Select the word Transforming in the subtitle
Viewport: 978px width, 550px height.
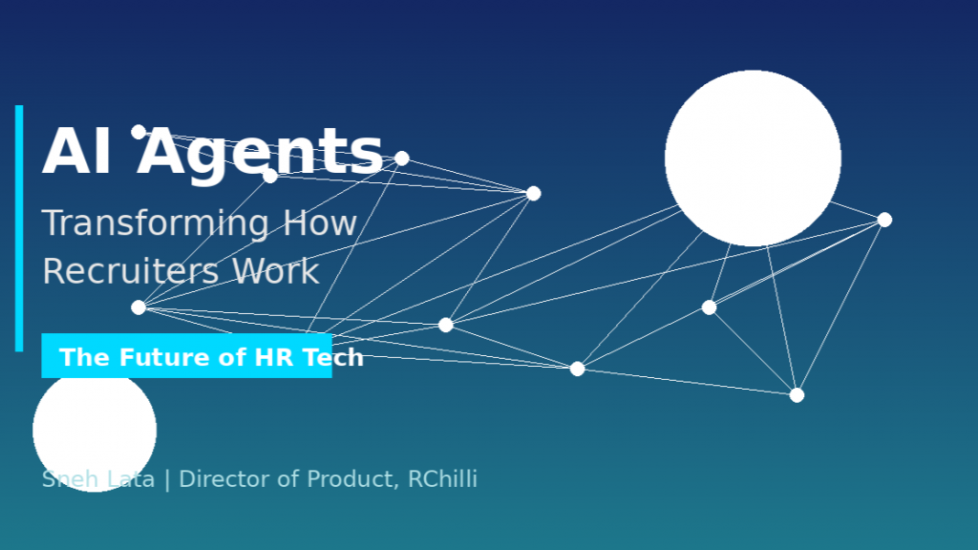point(156,224)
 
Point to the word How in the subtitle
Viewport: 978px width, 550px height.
point(320,222)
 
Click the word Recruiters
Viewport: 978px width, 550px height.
point(130,272)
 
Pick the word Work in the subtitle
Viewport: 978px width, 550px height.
point(276,272)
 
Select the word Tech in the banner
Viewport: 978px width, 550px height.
point(332,357)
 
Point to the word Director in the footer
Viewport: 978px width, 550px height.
point(224,479)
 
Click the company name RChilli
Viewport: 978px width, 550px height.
point(442,479)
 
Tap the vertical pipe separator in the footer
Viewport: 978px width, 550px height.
point(166,480)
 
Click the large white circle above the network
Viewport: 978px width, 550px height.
point(753,159)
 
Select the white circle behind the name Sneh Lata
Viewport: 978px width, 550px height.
point(95,431)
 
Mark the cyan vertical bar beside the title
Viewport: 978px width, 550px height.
point(19,228)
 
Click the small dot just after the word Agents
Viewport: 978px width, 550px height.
point(402,159)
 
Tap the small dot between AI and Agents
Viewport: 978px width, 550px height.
point(138,132)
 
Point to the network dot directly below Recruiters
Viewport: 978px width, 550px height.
point(138,307)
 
